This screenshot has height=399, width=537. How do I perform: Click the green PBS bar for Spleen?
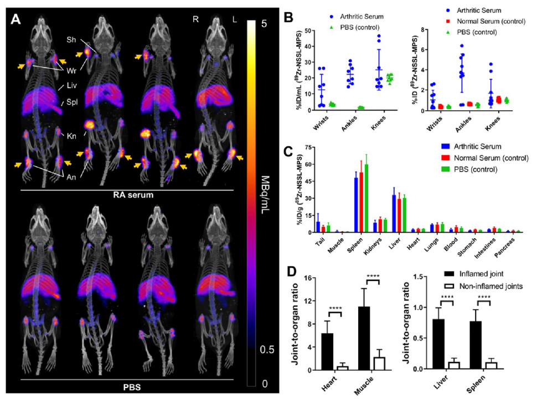(366, 197)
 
